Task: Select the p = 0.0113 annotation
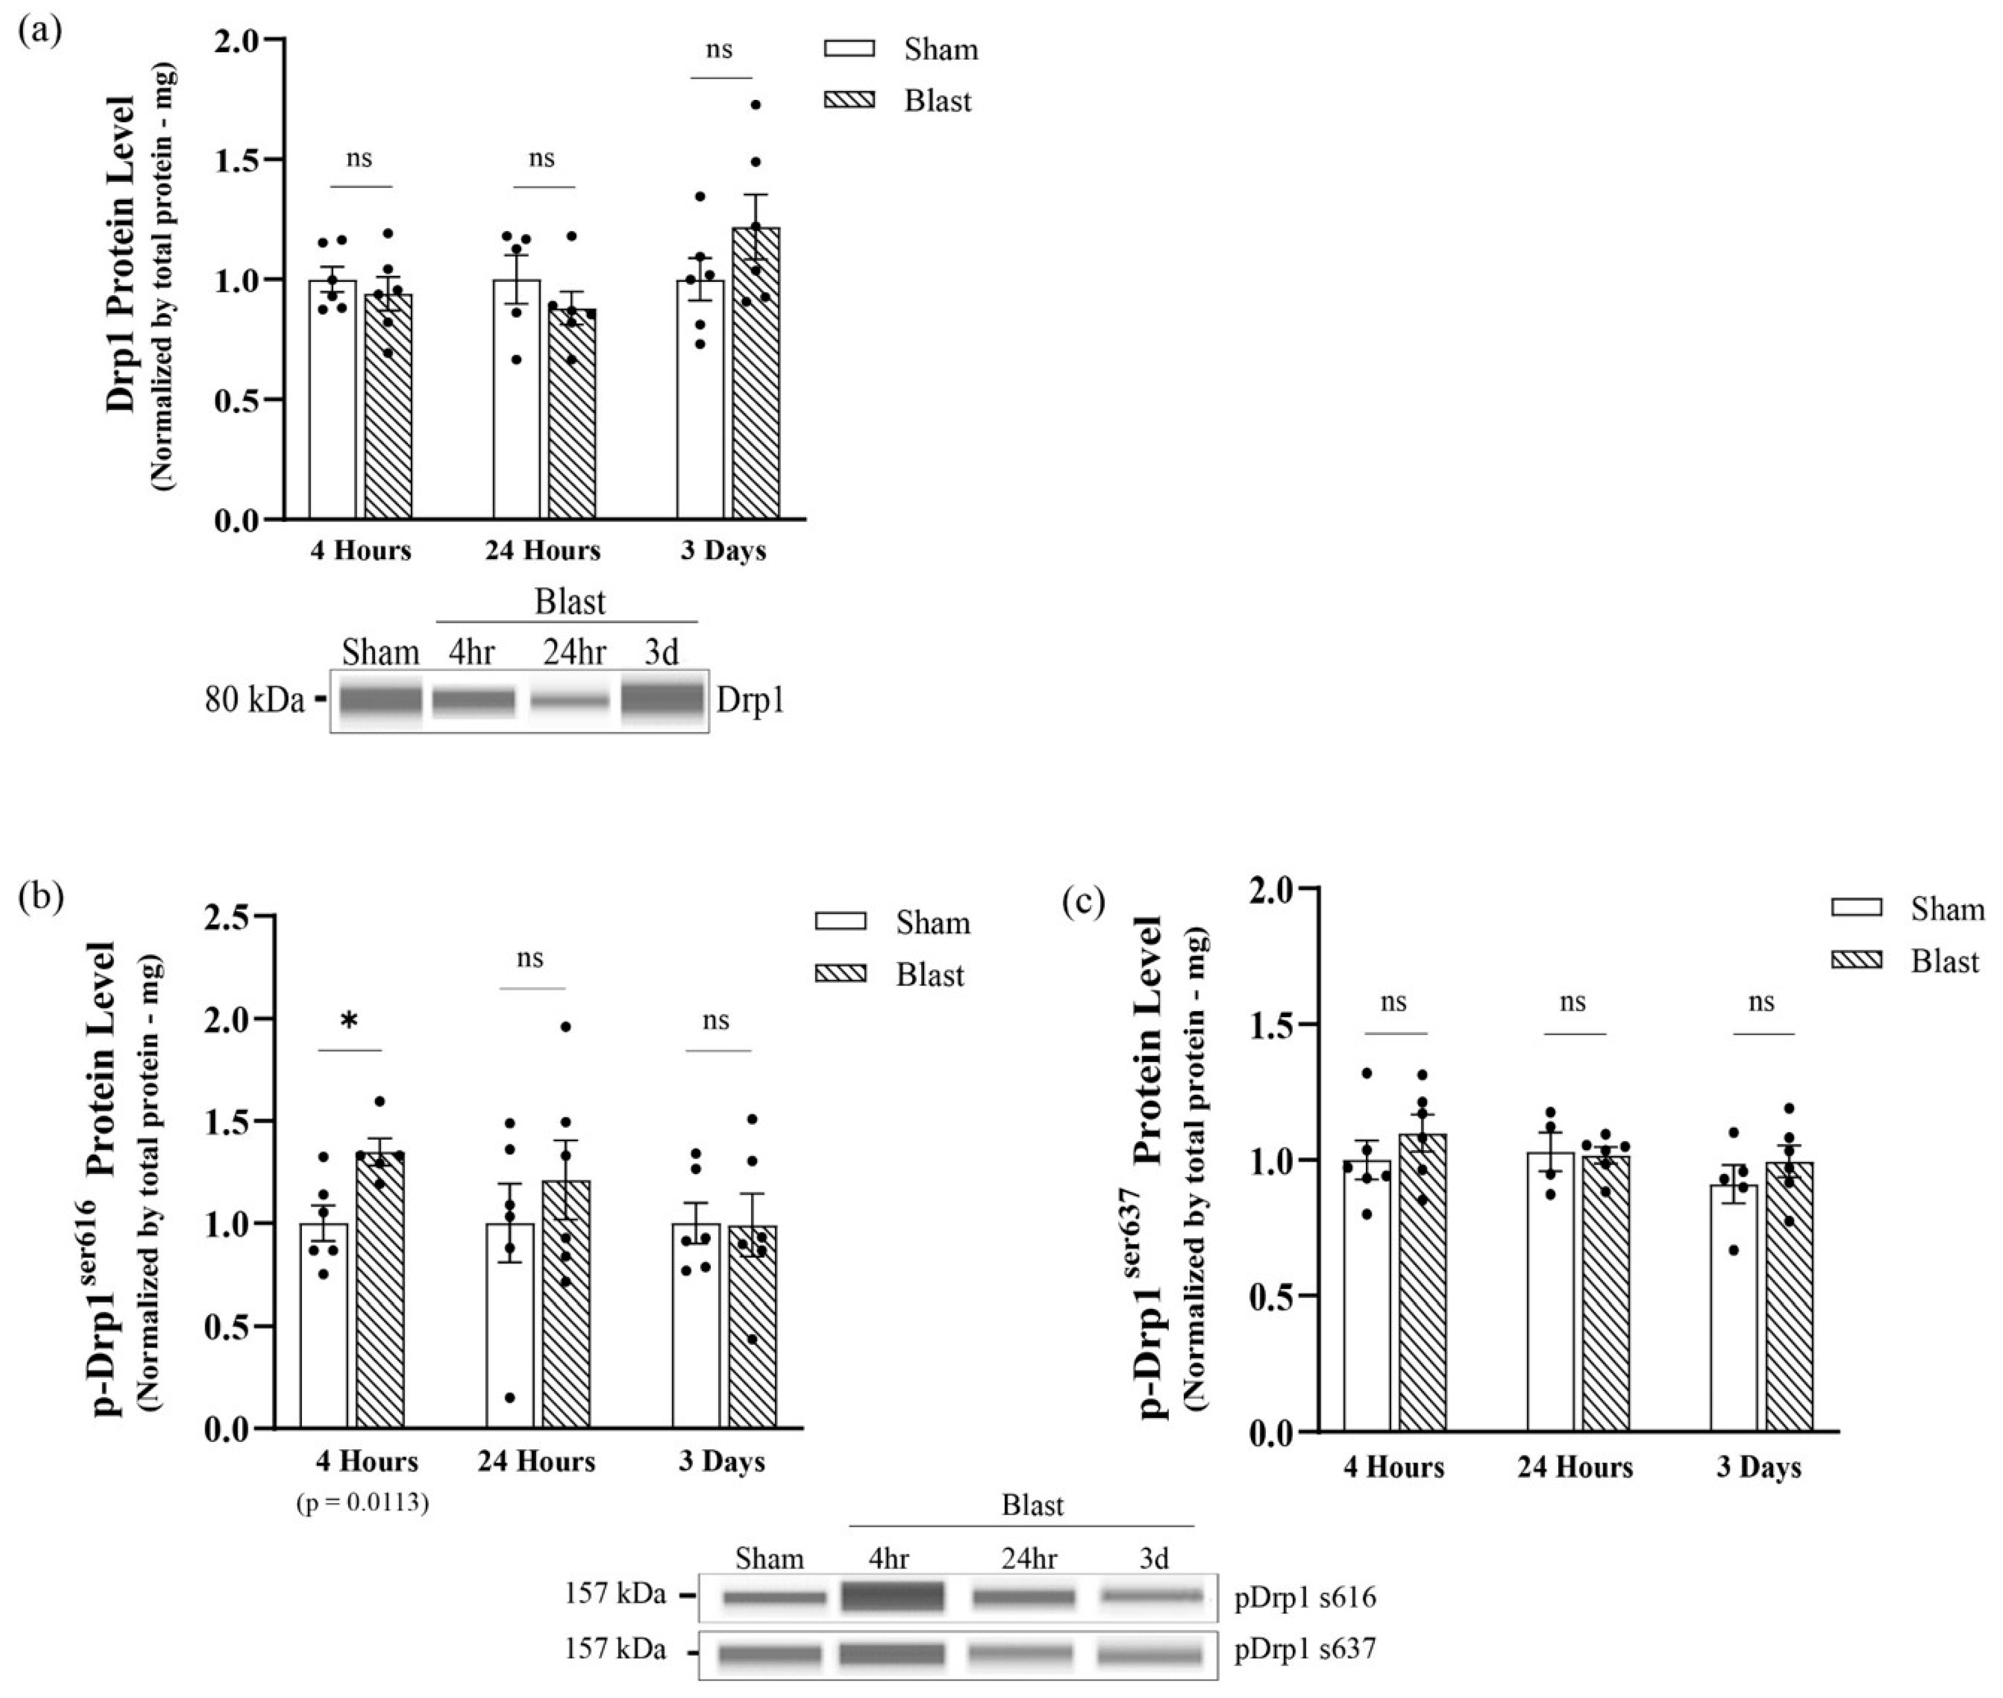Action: pos(362,1503)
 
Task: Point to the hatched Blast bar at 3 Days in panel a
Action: pos(755,385)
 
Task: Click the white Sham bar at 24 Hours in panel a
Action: pos(517,405)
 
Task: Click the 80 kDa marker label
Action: pos(254,700)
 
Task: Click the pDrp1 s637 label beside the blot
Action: pos(1305,1649)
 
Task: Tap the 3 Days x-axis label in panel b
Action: pos(721,1461)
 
